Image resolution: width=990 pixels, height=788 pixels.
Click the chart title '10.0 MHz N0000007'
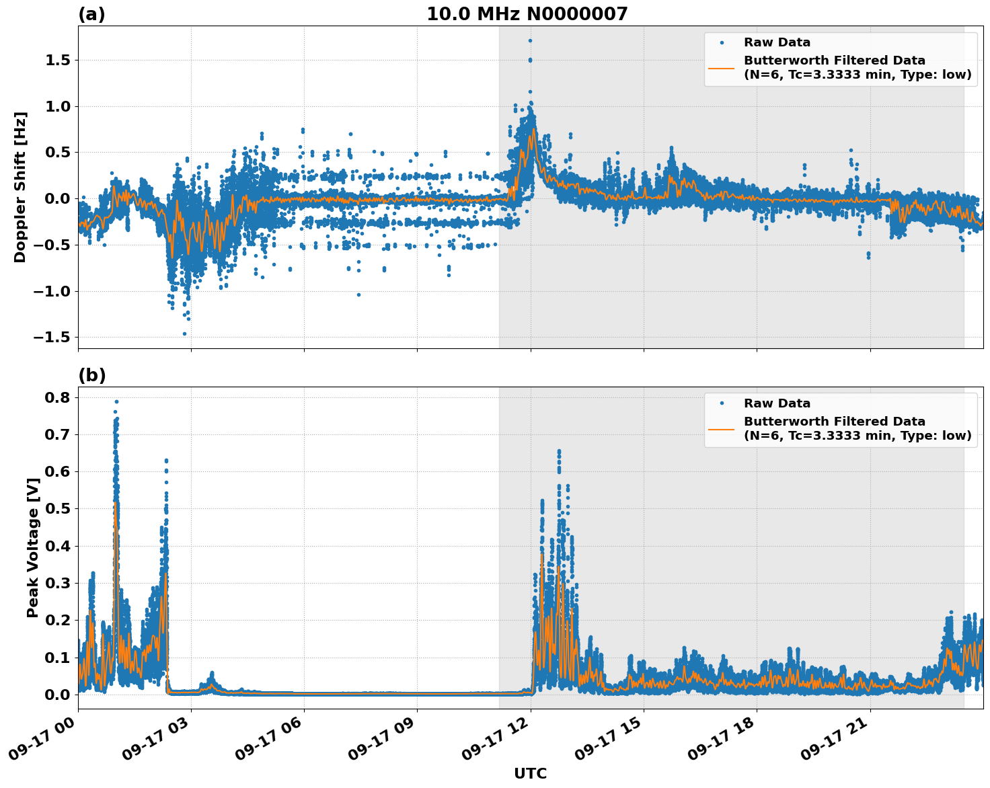coord(527,14)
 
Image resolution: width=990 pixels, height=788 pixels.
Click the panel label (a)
coord(91,14)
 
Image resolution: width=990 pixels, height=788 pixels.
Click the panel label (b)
coord(91,375)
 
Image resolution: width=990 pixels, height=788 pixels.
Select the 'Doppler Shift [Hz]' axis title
coord(20,187)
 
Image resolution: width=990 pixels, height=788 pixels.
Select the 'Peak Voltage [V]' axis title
coord(32,547)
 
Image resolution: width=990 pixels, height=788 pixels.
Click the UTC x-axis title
coord(530,773)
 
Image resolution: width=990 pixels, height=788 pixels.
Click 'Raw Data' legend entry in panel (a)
coord(777,42)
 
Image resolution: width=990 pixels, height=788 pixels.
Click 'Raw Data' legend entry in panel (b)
coord(777,403)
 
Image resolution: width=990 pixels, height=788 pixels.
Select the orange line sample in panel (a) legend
coord(722,67)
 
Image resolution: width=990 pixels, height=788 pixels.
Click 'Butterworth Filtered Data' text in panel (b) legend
coord(834,422)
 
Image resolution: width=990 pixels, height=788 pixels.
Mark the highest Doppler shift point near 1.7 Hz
coord(530,40)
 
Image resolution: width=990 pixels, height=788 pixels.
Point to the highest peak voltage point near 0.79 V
coord(116,401)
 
